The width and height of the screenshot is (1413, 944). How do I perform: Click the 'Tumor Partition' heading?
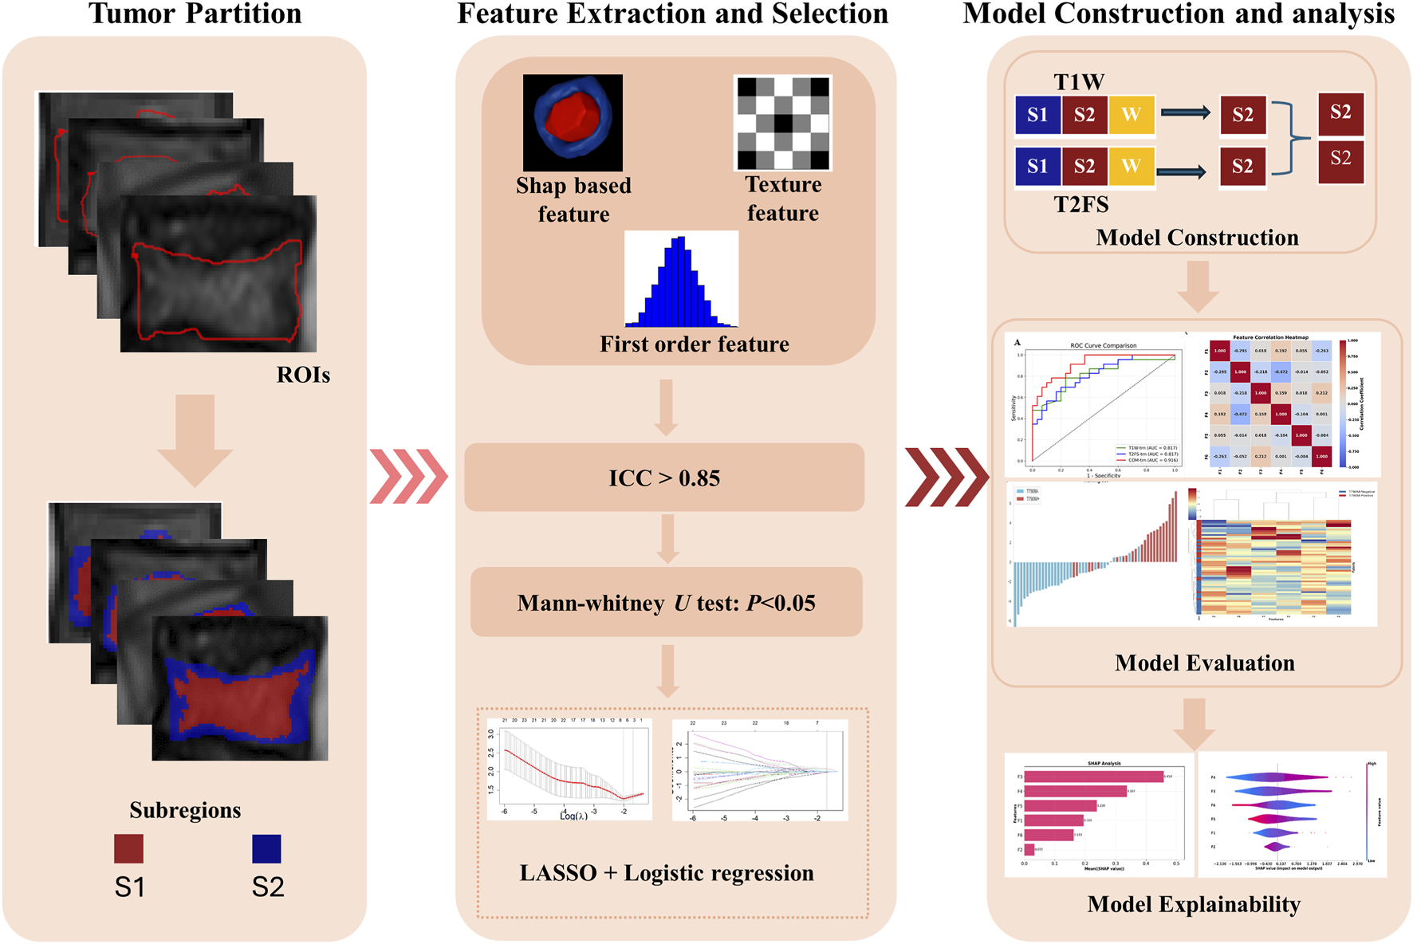[195, 14]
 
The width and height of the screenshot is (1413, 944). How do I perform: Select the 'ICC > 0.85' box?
[664, 478]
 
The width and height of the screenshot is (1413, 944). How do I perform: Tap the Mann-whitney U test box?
[667, 603]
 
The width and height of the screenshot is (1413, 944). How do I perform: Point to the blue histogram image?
[681, 280]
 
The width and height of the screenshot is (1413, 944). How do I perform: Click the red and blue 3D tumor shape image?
[573, 122]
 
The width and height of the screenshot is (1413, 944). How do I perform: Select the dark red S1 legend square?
[128, 848]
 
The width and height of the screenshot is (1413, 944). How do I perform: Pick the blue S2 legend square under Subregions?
[266, 848]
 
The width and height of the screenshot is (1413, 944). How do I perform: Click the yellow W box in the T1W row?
[1131, 115]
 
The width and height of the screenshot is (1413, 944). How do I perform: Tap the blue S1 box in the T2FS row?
[1037, 166]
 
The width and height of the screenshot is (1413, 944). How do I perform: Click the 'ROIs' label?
[303, 375]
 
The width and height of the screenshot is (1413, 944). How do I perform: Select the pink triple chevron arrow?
[408, 477]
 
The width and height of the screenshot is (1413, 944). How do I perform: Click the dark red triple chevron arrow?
[947, 477]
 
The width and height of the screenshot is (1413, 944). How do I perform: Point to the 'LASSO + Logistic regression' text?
[667, 873]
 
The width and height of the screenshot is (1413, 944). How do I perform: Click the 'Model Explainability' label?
[1194, 904]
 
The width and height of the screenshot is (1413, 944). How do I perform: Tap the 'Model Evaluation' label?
[1204, 663]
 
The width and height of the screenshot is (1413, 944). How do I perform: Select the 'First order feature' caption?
[694, 344]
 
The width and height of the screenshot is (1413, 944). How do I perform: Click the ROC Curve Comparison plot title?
[1103, 345]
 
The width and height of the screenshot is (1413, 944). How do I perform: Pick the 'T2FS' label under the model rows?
[1081, 205]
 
